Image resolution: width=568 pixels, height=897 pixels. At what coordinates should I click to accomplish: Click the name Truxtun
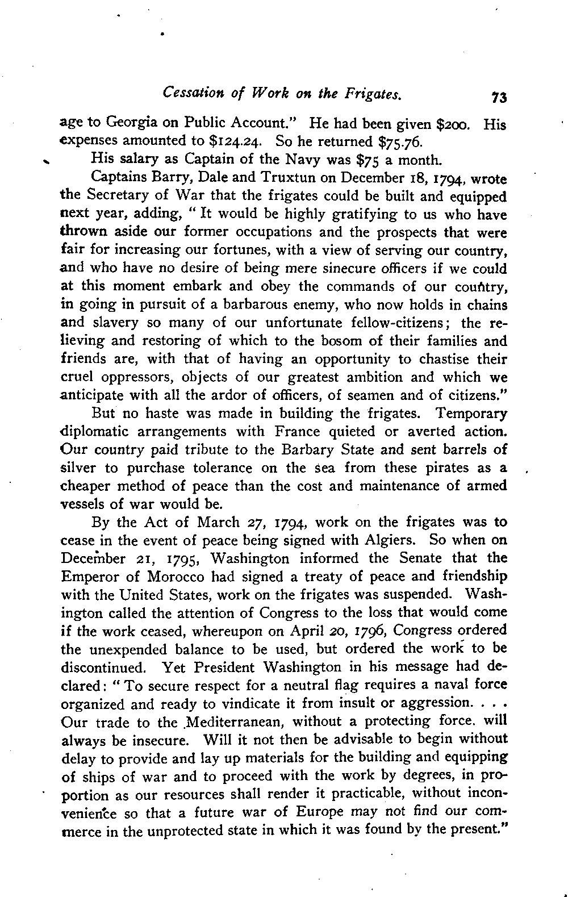click(x=288, y=178)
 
